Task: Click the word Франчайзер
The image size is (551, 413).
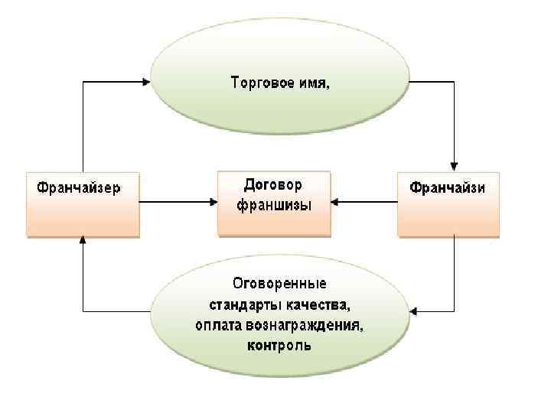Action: [75, 187]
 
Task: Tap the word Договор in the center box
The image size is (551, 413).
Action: [273, 185]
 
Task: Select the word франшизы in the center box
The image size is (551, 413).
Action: [274, 205]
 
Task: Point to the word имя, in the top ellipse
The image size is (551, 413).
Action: [315, 82]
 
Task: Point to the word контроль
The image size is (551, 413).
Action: [279, 346]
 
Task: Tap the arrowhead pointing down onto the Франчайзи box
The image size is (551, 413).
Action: [455, 165]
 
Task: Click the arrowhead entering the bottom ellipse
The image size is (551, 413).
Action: [415, 311]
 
